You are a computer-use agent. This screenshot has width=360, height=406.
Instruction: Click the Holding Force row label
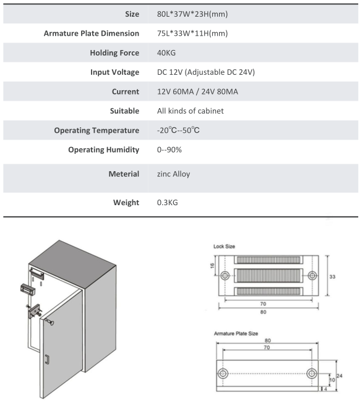coord(114,53)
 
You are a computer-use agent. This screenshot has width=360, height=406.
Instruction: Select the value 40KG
coord(166,53)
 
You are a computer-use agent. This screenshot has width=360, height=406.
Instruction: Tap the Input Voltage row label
coord(114,72)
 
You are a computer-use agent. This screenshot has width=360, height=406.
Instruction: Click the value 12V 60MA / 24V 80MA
coord(197,91)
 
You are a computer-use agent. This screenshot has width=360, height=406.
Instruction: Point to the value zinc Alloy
coord(173,174)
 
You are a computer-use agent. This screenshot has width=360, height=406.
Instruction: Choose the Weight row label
coord(126,203)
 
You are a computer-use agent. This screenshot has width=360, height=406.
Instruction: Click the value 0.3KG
coord(167,203)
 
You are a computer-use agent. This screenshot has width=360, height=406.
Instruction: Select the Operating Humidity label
coord(104,150)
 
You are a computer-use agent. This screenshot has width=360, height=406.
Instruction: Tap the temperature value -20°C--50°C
coord(178,130)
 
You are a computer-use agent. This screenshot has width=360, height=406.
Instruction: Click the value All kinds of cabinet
coord(191,111)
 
